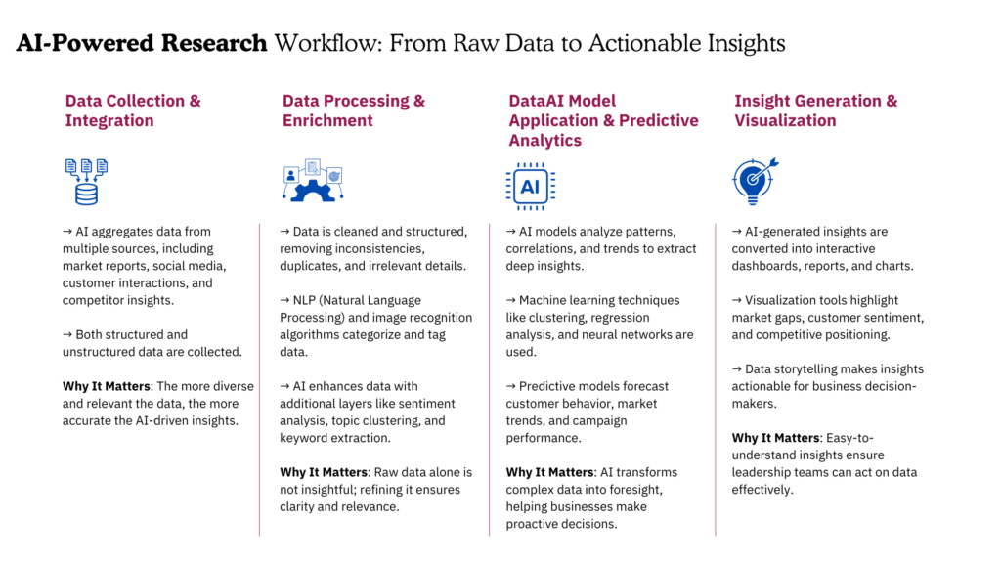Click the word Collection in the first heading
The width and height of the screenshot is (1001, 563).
[x=146, y=101]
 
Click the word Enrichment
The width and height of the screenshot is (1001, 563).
[x=327, y=121]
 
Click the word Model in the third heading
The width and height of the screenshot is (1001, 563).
[x=594, y=101]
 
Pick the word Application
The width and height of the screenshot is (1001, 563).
[x=550, y=121]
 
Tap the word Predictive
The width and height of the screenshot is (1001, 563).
[x=658, y=121]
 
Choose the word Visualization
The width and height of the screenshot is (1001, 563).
[x=785, y=121]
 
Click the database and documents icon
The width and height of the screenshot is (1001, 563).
[x=86, y=181]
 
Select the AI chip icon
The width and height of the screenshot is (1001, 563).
[x=531, y=186]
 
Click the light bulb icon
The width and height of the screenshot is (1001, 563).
[x=754, y=181]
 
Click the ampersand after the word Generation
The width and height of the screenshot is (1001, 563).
[x=891, y=101]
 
